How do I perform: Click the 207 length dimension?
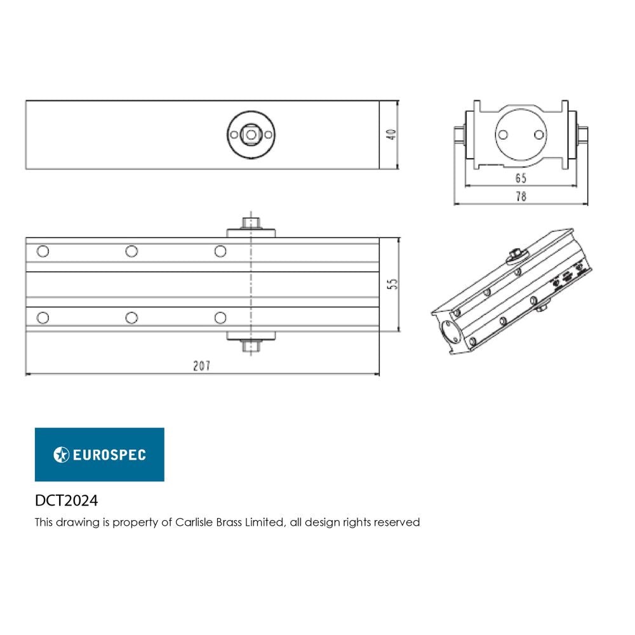[x=201, y=366]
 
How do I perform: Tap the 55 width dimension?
[x=392, y=285]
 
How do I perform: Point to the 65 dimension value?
[x=520, y=178]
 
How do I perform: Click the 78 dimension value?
[x=520, y=197]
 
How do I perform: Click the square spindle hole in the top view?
[x=252, y=135]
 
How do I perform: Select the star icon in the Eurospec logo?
[x=62, y=455]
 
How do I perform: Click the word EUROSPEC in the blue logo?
[x=109, y=455]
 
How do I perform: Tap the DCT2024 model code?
[x=66, y=501]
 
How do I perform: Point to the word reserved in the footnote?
[x=397, y=523]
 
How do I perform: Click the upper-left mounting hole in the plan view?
[x=43, y=251]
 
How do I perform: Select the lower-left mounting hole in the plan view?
[x=43, y=317]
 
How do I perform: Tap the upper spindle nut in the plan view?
[x=252, y=224]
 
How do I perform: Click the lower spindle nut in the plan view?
[x=252, y=346]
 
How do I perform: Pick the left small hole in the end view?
[x=503, y=135]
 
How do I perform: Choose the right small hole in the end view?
[x=539, y=135]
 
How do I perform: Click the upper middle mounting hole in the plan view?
[x=131, y=251]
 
